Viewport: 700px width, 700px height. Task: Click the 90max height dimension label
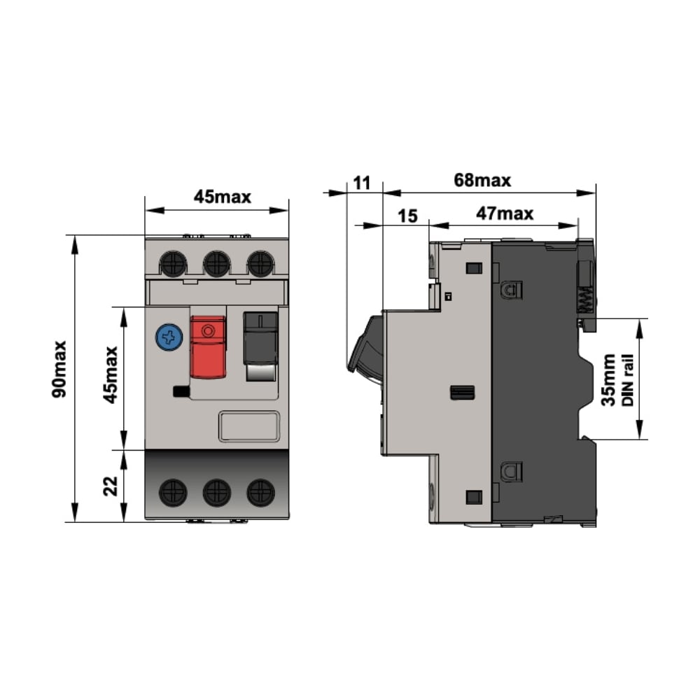click(x=59, y=369)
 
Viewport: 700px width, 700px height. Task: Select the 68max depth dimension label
click(x=482, y=181)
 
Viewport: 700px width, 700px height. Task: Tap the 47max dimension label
click(x=505, y=213)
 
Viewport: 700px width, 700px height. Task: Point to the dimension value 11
click(x=362, y=183)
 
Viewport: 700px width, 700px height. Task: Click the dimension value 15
click(x=407, y=216)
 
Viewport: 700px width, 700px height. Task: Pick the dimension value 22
click(x=111, y=486)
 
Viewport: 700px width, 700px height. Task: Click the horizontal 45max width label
click(x=223, y=197)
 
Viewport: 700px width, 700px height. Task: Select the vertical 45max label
click(x=111, y=375)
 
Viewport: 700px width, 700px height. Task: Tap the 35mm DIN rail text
click(x=617, y=379)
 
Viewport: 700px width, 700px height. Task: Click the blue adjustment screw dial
click(x=169, y=337)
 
